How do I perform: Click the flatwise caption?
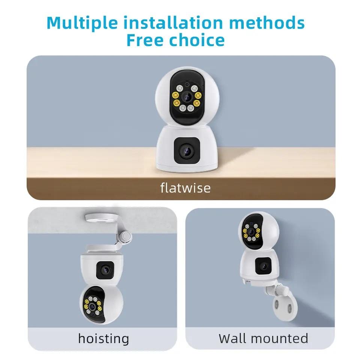(185, 187)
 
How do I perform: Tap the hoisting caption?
(103, 339)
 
